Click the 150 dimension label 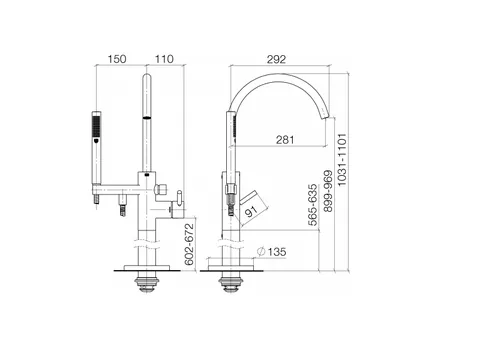[x=117, y=59]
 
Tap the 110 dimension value [x=164, y=59]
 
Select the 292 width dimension [x=276, y=59]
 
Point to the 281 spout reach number [x=285, y=140]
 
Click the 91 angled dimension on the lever [x=251, y=211]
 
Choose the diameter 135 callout [x=272, y=252]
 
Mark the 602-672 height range [x=189, y=244]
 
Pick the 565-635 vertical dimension [x=313, y=205]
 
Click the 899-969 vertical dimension [x=328, y=191]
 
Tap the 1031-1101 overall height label [x=342, y=160]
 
